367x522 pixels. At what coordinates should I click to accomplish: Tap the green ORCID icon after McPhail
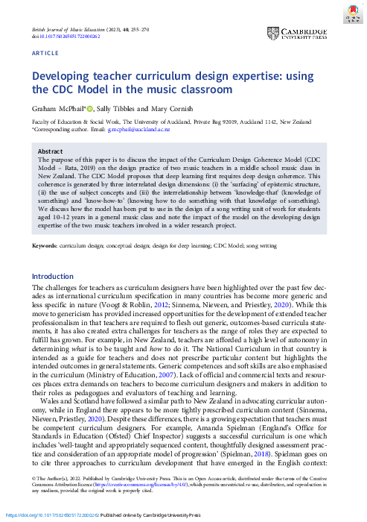90,108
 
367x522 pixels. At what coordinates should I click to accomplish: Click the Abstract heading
51,150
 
